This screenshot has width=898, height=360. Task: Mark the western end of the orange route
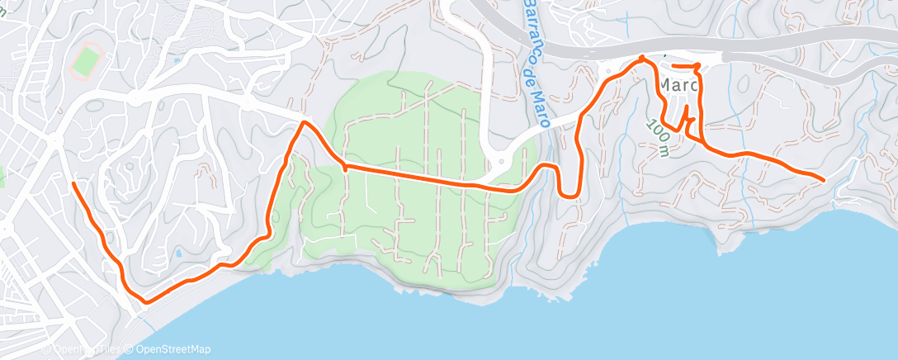[73, 182]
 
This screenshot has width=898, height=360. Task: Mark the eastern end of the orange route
[823, 179]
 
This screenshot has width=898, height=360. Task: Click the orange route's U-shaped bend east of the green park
[567, 194]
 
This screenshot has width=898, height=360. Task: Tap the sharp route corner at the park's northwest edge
[305, 123]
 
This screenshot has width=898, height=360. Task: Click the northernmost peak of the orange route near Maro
[643, 58]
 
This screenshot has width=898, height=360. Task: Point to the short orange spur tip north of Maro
[673, 65]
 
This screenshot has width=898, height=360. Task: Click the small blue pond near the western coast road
[177, 251]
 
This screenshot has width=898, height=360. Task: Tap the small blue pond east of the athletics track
[176, 59]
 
